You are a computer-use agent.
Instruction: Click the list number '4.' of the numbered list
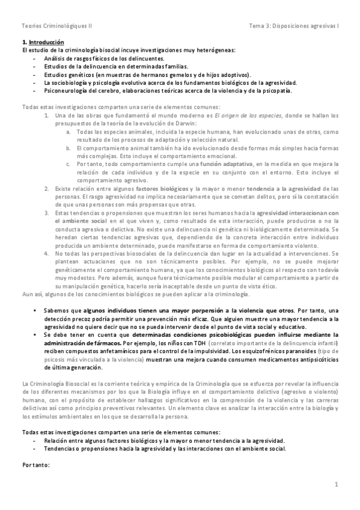47,253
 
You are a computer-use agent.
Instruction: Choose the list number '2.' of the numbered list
47,189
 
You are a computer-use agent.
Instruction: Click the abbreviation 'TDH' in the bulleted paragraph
196,342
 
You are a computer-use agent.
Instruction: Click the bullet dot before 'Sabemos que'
35,310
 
